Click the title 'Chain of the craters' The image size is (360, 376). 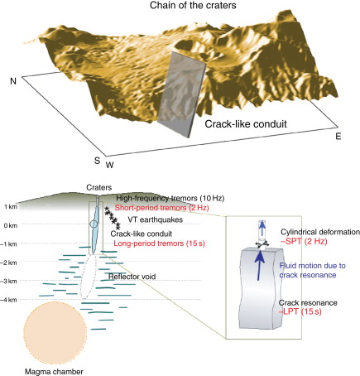pos(193,5)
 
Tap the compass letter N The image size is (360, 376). pos(13,81)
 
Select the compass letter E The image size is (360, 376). pos(338,137)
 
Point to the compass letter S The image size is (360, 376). pos(97,161)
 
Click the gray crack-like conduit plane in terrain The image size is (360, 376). pos(182,94)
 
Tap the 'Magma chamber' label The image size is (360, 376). pos(54,372)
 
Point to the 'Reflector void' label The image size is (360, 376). pos(132,277)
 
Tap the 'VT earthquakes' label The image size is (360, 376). pos(156,219)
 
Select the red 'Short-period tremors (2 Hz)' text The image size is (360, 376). pos(162,208)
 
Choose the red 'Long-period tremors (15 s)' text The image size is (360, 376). pos(160,243)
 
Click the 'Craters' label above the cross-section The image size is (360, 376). pos(99,188)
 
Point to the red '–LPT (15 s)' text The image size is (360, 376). pos(300,312)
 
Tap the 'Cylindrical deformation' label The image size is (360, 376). pos(320,232)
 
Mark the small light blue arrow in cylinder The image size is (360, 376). pos(262,229)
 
